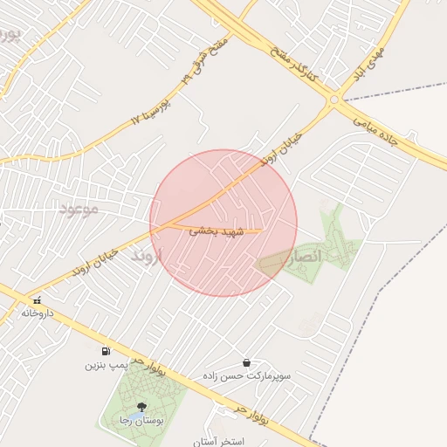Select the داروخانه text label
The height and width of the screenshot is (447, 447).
pos(38,313)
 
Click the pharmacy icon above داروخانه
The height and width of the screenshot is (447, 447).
pos(37,299)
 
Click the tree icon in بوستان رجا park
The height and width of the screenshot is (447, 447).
pos(141,407)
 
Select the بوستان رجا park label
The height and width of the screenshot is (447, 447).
pos(141,422)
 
